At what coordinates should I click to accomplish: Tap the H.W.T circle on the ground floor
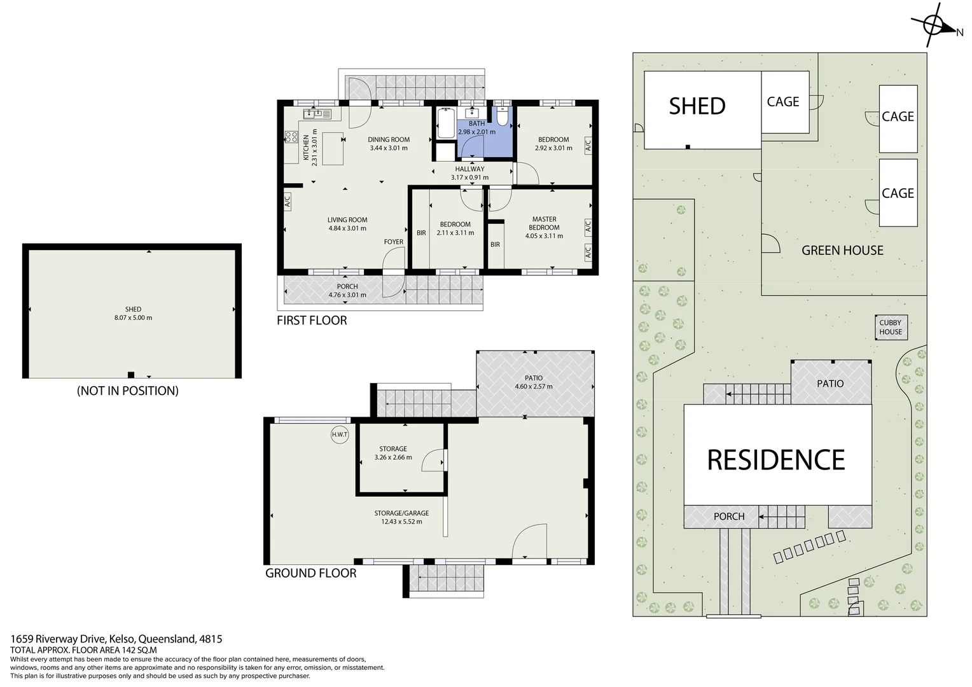tap(340, 435)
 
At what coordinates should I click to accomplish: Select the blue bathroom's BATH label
tap(476, 123)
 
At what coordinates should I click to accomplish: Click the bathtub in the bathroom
tap(445, 123)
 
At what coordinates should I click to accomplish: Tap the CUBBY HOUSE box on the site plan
tap(891, 328)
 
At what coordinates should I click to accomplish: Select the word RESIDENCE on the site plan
tap(776, 460)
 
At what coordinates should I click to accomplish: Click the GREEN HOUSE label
tap(842, 251)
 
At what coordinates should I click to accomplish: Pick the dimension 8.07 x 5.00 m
tap(133, 318)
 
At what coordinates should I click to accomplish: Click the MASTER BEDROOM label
tap(544, 223)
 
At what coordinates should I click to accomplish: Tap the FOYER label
tap(393, 242)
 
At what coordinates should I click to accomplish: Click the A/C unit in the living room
tap(287, 202)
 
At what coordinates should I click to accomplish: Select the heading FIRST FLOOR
tap(312, 321)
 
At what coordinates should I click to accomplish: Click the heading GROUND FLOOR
tap(310, 573)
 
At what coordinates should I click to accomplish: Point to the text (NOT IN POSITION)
tap(128, 391)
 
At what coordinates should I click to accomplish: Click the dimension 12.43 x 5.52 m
tap(401, 522)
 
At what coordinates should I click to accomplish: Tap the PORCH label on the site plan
tap(729, 517)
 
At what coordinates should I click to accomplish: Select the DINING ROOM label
tap(389, 140)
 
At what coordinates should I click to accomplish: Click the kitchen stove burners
tap(291, 137)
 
